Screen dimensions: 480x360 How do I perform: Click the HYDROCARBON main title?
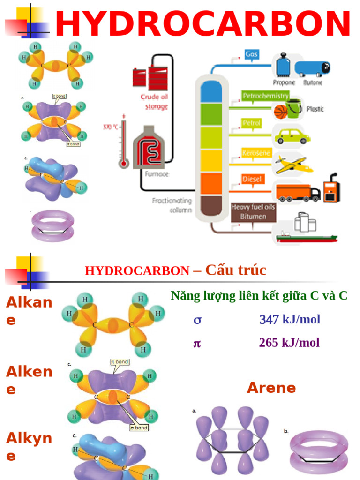pyautogui.click(x=202, y=24)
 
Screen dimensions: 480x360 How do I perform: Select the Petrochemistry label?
pyautogui.click(x=265, y=96)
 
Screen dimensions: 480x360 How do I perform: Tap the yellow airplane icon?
pyautogui.click(x=293, y=164)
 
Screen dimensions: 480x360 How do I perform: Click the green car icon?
pyautogui.click(x=292, y=136)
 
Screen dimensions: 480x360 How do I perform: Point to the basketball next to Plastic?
pyautogui.click(x=280, y=112)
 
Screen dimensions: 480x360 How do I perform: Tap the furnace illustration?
pyautogui.click(x=149, y=149)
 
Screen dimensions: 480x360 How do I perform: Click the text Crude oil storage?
pyautogui.click(x=154, y=102)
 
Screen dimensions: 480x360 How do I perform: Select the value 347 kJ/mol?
pyautogui.click(x=290, y=320)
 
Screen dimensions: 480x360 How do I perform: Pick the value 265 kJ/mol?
pyautogui.click(x=289, y=343)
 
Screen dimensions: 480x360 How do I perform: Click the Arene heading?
pyautogui.click(x=271, y=388)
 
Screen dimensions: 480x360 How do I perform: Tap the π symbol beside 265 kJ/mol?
pyautogui.click(x=197, y=343)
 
